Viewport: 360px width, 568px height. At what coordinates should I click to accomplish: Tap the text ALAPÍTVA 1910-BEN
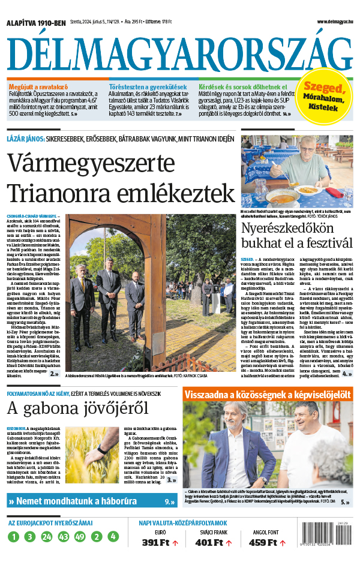[x=36, y=23]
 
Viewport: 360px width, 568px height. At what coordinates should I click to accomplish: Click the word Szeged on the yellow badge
[x=322, y=88]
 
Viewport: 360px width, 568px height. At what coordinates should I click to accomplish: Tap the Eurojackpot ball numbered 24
[x=47, y=537]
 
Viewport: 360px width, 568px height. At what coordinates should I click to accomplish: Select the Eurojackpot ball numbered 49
[x=80, y=537]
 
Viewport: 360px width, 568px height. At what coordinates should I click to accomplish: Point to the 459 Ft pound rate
[x=262, y=543]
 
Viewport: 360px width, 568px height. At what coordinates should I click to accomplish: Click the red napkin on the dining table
[x=335, y=193]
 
